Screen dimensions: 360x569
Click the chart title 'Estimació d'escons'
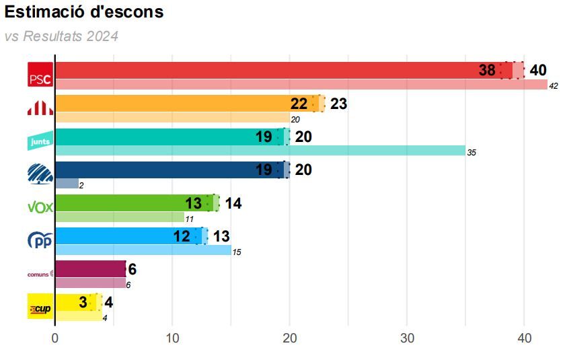[84, 12]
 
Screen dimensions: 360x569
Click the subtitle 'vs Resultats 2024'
[61, 36]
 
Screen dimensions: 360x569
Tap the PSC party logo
[40, 75]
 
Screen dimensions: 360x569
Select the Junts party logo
[40, 141]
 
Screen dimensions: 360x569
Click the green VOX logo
[40, 207]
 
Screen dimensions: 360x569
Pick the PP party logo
[40, 240]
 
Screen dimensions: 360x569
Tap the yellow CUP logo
[40, 306]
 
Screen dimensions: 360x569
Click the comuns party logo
[40, 274]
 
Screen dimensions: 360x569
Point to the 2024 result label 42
[554, 86]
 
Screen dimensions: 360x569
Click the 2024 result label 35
[471, 153]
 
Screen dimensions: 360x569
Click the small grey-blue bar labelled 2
[67, 184]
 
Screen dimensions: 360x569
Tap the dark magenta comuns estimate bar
[90, 268]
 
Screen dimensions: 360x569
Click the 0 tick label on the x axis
[55, 338]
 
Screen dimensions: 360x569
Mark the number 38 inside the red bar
[487, 70]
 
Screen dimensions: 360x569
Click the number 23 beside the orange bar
[338, 104]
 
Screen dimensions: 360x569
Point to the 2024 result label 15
[236, 252]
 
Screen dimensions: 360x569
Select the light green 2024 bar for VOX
[120, 217]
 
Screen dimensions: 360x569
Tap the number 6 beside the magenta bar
[132, 269]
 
